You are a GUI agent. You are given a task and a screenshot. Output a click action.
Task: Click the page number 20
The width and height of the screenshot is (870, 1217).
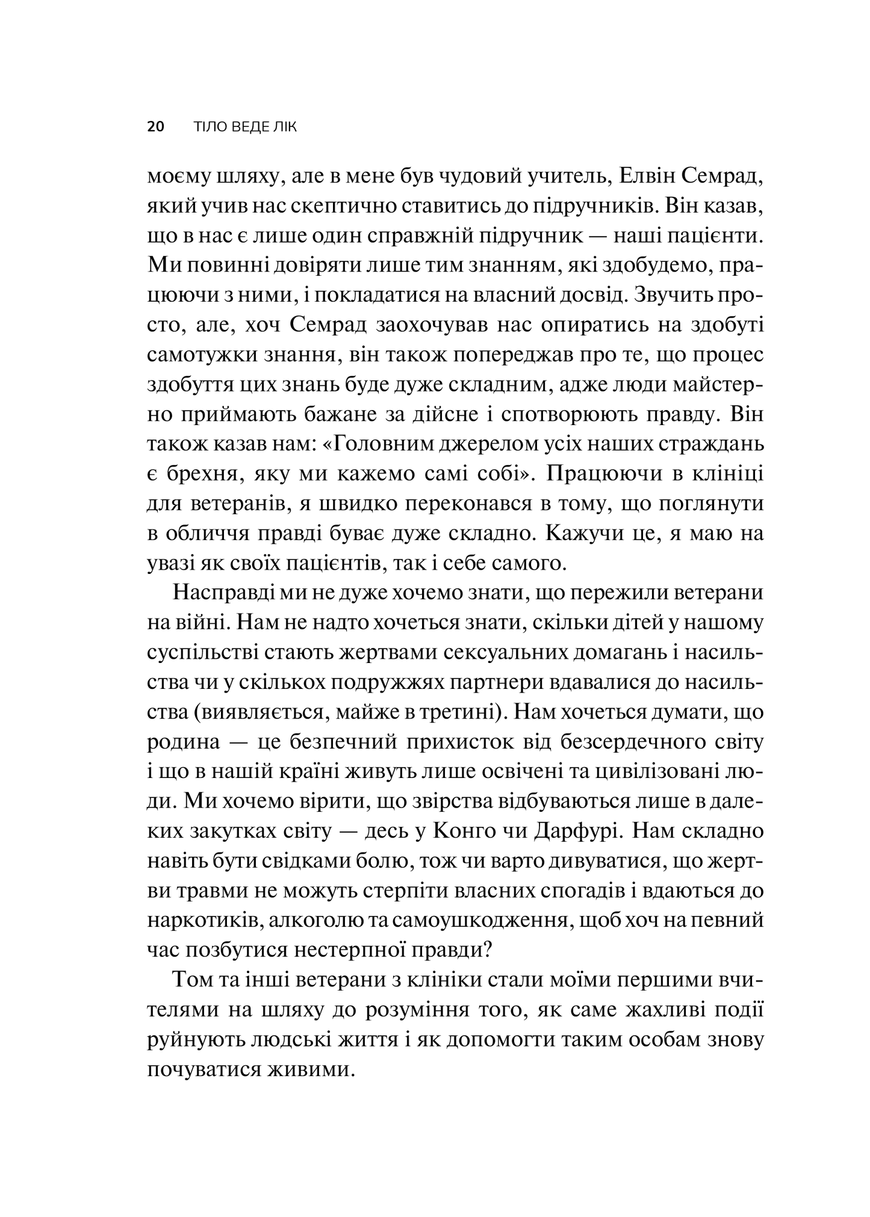coord(155,128)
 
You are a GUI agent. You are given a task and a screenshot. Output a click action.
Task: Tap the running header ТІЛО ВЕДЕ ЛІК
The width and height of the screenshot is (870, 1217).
coord(245,128)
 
